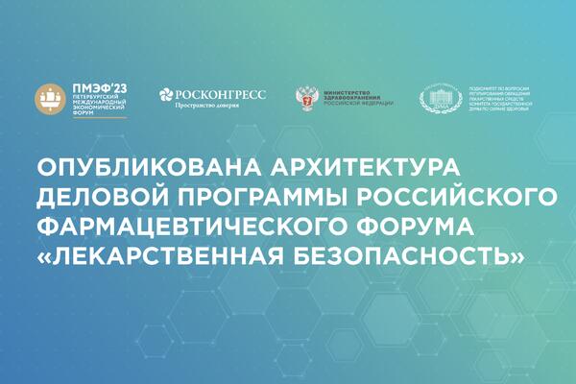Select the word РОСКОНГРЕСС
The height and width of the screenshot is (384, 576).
pyautogui.click(x=226, y=93)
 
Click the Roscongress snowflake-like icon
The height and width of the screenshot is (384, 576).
pyautogui.click(x=166, y=95)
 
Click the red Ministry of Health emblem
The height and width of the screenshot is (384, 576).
pyautogui.click(x=308, y=98)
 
